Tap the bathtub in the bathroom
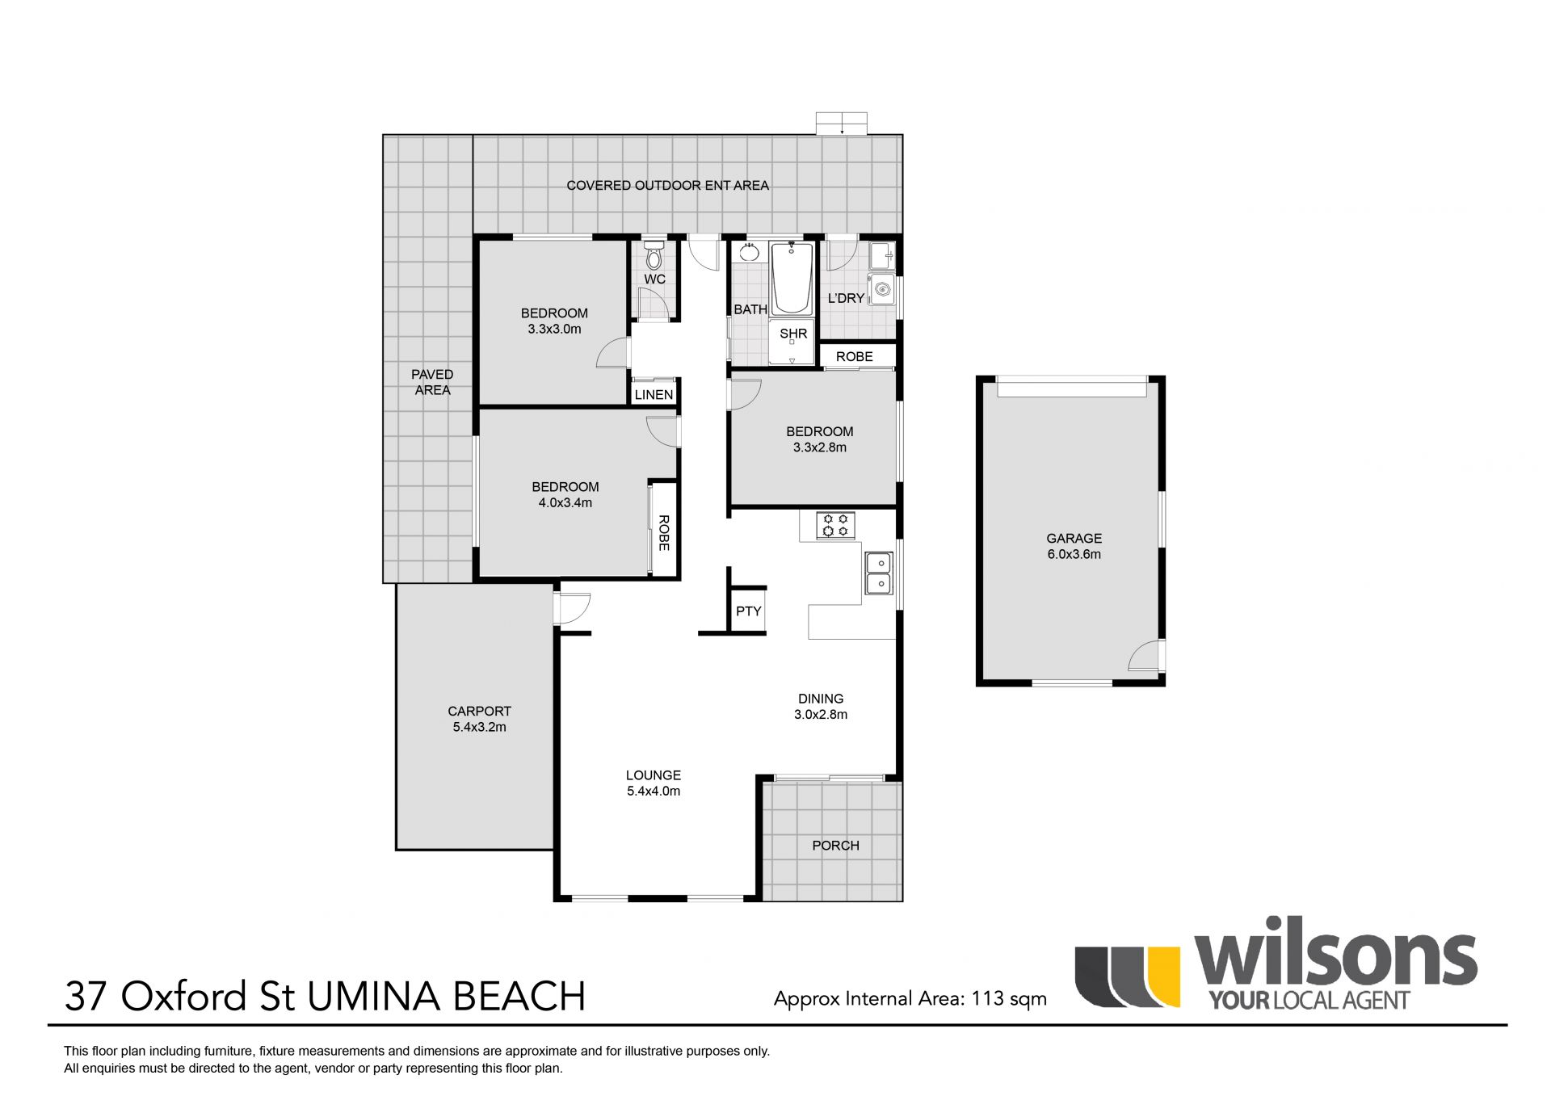pyautogui.click(x=792, y=279)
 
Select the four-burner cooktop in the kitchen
pyautogui.click(x=835, y=526)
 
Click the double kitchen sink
pyautogui.click(x=879, y=573)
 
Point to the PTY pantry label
pyautogui.click(x=749, y=611)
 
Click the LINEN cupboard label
pyautogui.click(x=654, y=395)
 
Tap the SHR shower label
pyautogui.click(x=793, y=334)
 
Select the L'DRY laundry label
pyautogui.click(x=846, y=298)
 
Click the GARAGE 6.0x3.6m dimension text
pyautogui.click(x=1074, y=554)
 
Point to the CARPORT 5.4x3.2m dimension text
pyautogui.click(x=480, y=727)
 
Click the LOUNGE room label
pyautogui.click(x=654, y=775)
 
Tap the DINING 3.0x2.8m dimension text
pyautogui.click(x=821, y=714)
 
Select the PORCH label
pyautogui.click(x=836, y=846)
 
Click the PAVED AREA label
pyautogui.click(x=432, y=382)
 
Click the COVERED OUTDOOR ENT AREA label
pyautogui.click(x=668, y=185)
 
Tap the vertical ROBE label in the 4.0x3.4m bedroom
pyautogui.click(x=664, y=533)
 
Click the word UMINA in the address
pyautogui.click(x=374, y=997)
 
